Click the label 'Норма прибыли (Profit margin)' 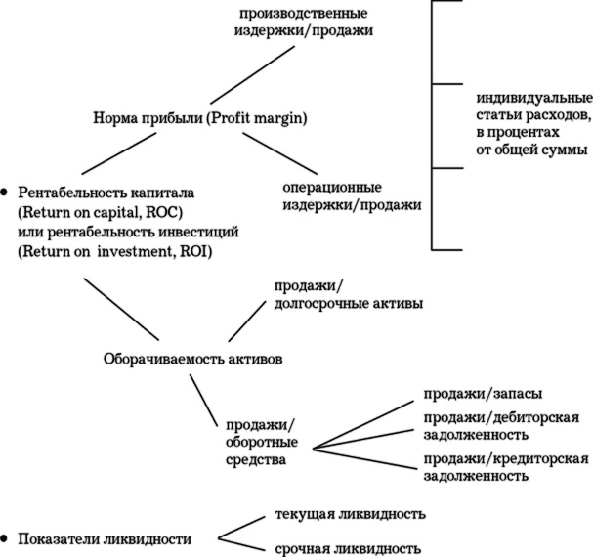pyautogui.click(x=199, y=119)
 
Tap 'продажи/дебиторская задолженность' pyautogui.click(x=500, y=426)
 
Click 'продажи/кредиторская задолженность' pyautogui.click(x=504, y=467)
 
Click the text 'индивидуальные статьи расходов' pyautogui.click(x=533, y=125)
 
